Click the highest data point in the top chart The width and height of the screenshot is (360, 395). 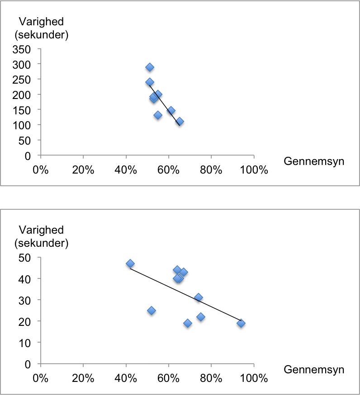[150, 67]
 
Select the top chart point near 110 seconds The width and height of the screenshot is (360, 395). [180, 122]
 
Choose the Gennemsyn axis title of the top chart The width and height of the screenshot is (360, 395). [314, 161]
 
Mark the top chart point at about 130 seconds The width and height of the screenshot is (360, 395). [158, 115]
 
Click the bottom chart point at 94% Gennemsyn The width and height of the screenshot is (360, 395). [241, 323]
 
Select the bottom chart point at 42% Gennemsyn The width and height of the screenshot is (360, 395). [130, 263]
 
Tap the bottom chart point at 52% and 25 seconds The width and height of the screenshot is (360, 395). [152, 310]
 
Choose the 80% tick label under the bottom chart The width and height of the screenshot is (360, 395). [211, 378]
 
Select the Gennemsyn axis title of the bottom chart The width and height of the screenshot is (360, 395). [314, 370]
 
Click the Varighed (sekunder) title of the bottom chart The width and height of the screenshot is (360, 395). [41, 237]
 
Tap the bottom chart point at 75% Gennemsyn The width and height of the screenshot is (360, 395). [201, 317]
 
